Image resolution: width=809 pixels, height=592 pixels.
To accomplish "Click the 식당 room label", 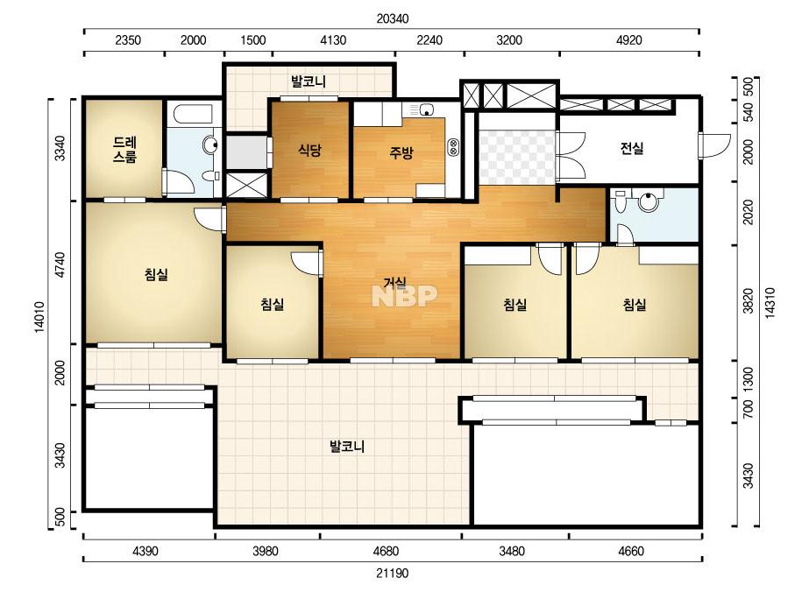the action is click(309, 150).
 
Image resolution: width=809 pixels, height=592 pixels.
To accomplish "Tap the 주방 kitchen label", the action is click(401, 152).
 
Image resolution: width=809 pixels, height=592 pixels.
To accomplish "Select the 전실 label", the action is click(632, 149).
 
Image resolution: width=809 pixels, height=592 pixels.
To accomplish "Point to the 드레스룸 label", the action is click(124, 150).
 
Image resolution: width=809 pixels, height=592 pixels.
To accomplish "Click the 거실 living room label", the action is click(394, 282).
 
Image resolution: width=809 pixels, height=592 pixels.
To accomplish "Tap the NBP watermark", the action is click(405, 296).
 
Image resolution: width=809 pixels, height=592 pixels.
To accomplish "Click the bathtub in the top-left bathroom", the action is click(193, 115).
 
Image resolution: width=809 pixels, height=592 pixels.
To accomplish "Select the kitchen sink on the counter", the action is click(427, 109).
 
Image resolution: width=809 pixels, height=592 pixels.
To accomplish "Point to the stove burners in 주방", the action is click(453, 147).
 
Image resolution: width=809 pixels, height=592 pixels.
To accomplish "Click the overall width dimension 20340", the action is click(393, 19).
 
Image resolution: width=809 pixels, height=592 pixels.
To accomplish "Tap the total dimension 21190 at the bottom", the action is click(393, 573).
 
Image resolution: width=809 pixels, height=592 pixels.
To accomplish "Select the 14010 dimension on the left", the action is click(40, 317).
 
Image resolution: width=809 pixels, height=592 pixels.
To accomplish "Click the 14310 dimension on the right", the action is click(770, 303).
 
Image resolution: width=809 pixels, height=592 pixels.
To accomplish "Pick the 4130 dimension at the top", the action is click(333, 40).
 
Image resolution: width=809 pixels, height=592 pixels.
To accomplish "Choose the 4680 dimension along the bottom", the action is click(386, 551).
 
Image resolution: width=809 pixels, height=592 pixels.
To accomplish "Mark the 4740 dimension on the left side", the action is click(60, 265).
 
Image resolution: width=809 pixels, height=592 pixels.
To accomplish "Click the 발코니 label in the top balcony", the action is click(309, 81).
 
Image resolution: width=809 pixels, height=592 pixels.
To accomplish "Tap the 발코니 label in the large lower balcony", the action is click(347, 446).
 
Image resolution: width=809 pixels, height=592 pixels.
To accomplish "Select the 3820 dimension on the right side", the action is click(748, 301).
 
